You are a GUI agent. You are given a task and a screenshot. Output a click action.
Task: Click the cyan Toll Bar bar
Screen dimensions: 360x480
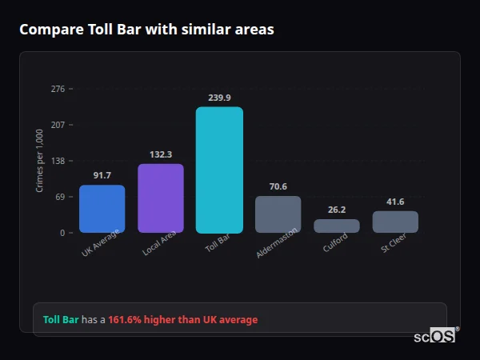(219, 170)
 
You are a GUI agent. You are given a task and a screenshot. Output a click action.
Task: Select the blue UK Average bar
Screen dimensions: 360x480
(102, 209)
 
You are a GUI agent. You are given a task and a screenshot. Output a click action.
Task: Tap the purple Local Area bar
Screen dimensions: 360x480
(161, 198)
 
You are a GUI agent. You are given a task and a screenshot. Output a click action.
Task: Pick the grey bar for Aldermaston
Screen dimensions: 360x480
(278, 214)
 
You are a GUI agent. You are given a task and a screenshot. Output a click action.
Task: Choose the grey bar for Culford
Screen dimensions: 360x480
(337, 226)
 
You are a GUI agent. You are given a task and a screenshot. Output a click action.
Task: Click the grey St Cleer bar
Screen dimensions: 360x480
(395, 222)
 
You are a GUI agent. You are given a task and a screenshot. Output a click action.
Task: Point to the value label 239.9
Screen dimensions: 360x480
(219, 98)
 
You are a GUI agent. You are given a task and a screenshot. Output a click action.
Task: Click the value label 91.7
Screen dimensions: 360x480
(102, 175)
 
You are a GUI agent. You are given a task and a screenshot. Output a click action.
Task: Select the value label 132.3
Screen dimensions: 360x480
(161, 154)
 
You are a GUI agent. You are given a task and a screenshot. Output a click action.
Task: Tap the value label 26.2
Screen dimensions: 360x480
(337, 210)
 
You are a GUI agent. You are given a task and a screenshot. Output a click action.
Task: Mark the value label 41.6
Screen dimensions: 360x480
(395, 202)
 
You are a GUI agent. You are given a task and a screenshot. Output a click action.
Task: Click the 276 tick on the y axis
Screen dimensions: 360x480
(58, 89)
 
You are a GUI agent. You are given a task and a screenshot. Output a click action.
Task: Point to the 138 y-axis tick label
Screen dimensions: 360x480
(58, 161)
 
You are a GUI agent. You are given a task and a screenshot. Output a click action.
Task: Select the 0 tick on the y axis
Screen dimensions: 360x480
(62, 233)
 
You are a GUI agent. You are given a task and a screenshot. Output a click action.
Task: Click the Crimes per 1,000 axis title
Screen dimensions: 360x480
(40, 161)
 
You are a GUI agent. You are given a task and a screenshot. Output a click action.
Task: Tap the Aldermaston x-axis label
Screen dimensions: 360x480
(278, 242)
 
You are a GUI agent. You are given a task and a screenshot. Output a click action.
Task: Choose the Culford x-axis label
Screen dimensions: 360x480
(336, 242)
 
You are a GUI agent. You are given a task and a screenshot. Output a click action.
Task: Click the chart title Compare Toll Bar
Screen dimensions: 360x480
(146, 30)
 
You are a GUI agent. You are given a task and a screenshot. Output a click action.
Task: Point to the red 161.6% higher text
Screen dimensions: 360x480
(183, 320)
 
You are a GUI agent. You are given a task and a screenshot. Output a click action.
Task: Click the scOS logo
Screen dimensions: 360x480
(434, 336)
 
